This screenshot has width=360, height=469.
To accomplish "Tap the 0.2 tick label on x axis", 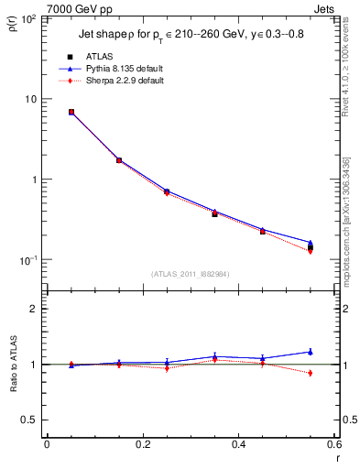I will [143, 444].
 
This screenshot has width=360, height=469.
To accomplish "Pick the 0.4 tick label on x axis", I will [239, 444].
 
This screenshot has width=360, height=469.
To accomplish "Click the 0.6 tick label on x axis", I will [334, 444].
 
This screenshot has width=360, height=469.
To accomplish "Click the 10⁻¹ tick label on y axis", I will [27, 261].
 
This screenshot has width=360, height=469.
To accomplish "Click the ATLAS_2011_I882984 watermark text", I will [191, 274].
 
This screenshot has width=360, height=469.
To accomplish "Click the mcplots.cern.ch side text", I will [351, 229].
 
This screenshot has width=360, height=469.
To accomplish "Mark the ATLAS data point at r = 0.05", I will [71, 112].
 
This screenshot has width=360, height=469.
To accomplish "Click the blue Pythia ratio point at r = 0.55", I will [311, 351].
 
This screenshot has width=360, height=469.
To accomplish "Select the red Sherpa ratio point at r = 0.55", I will [311, 373].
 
